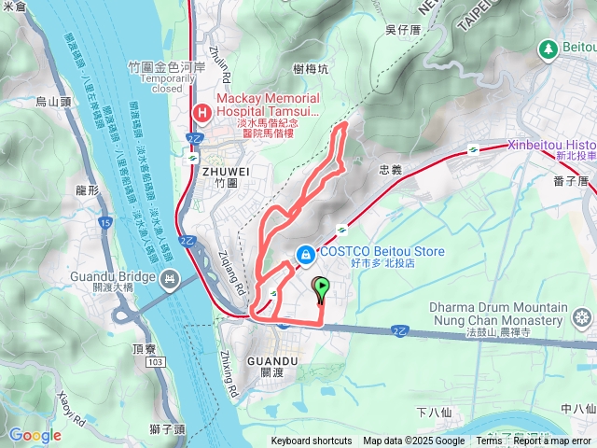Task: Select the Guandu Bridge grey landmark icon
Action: point(170,278)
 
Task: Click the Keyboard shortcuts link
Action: point(312,441)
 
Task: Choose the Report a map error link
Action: point(552,441)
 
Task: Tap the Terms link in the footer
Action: point(489,441)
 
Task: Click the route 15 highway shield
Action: point(107,223)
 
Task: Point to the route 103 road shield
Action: point(155,360)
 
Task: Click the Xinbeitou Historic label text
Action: point(551,146)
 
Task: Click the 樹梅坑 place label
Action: point(310,69)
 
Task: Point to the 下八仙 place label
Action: point(434,411)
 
